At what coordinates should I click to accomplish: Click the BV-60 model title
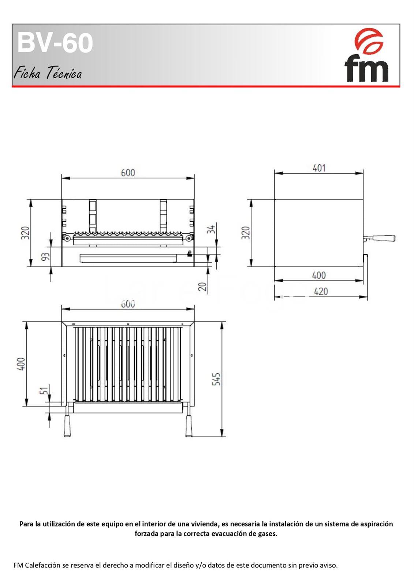point(55,43)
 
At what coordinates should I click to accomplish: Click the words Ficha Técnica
point(48,73)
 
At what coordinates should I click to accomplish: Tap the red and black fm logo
point(367,55)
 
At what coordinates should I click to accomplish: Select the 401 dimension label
point(319,168)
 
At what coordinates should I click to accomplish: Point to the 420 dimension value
point(321,291)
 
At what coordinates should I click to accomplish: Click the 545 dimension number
point(216,379)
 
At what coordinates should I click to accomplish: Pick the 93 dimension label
point(45,257)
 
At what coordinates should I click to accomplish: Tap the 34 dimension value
point(212,229)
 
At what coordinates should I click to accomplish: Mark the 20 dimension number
point(203,287)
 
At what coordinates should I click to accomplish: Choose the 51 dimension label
point(45,390)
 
